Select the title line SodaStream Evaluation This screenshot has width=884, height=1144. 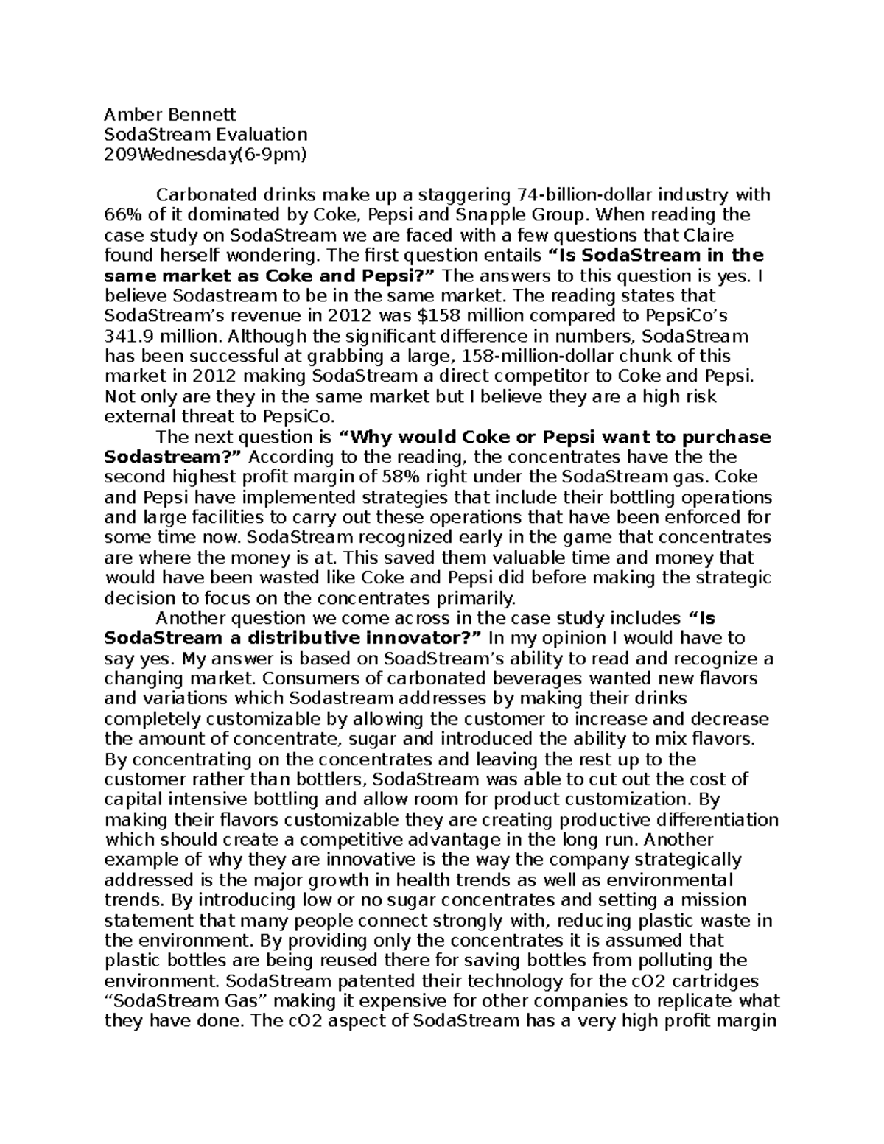click(x=206, y=134)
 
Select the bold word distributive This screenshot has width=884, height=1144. click(x=335, y=636)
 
